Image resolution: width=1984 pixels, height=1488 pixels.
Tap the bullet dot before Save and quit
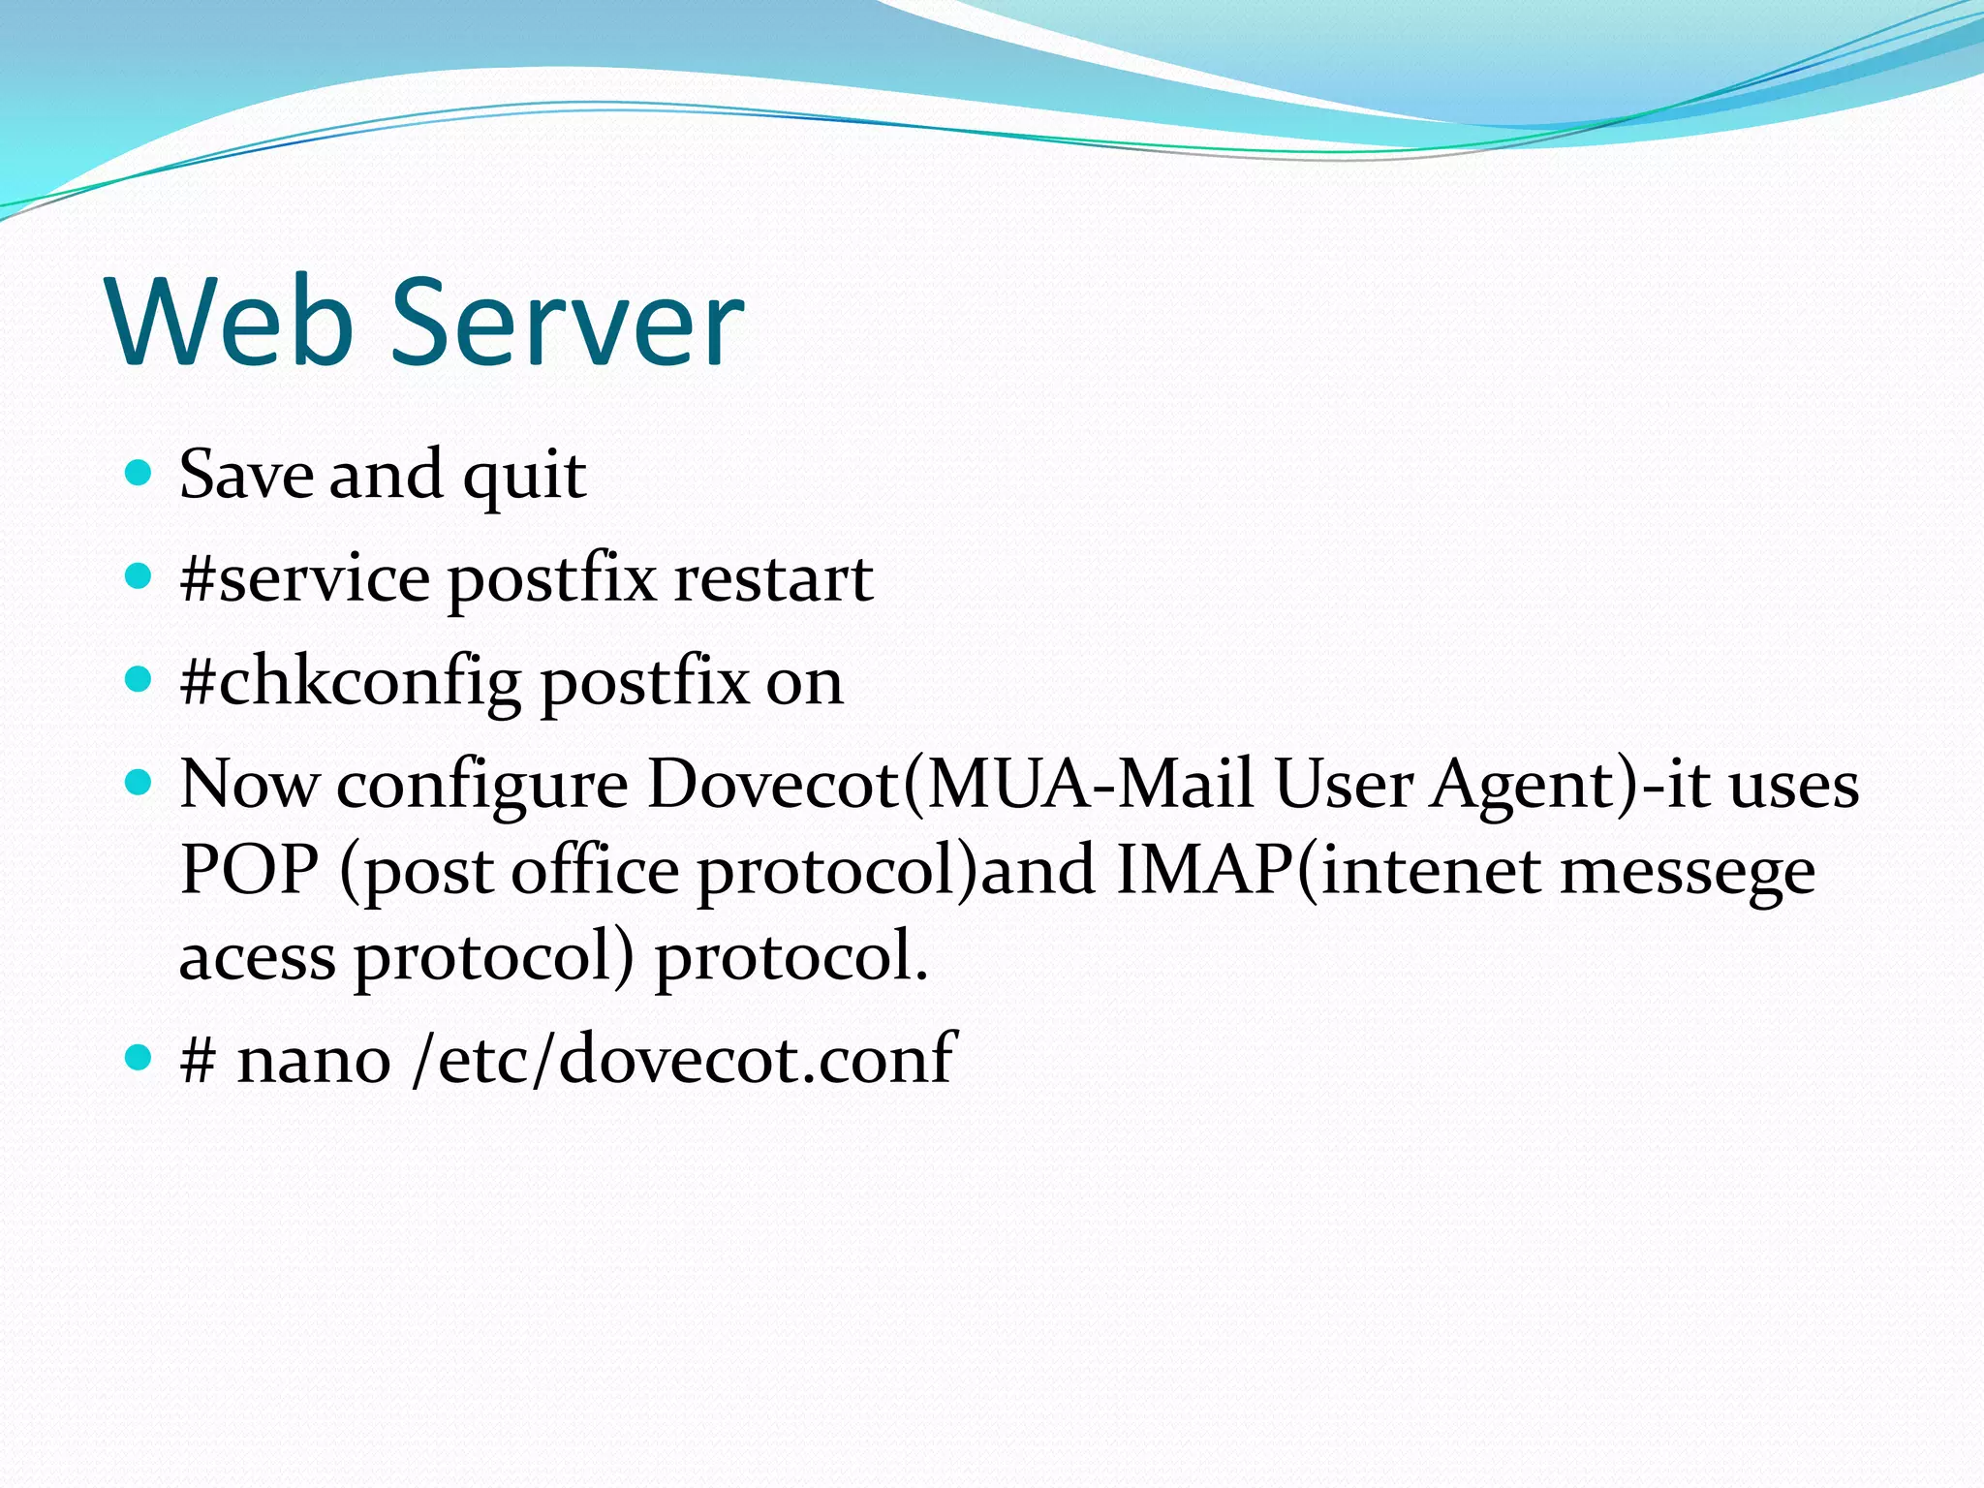139,474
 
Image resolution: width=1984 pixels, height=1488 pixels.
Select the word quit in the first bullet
524,476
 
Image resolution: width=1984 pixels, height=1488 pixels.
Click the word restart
773,578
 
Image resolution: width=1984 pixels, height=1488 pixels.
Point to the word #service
305,578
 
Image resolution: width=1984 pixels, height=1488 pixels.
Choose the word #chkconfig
351,682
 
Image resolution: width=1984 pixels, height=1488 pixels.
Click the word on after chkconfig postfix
804,682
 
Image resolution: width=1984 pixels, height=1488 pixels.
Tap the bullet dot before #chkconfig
139,680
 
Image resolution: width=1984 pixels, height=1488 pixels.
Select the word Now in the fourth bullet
249,784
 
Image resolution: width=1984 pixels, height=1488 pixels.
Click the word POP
249,870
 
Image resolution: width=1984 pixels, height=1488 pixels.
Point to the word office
595,870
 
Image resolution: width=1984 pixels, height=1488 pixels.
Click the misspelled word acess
258,956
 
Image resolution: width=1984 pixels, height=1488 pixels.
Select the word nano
314,1059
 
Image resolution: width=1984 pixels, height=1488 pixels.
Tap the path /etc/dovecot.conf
684,1059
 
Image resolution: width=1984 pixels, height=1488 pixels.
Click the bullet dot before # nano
139,1057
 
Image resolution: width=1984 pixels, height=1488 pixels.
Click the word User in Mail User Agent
1343,784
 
